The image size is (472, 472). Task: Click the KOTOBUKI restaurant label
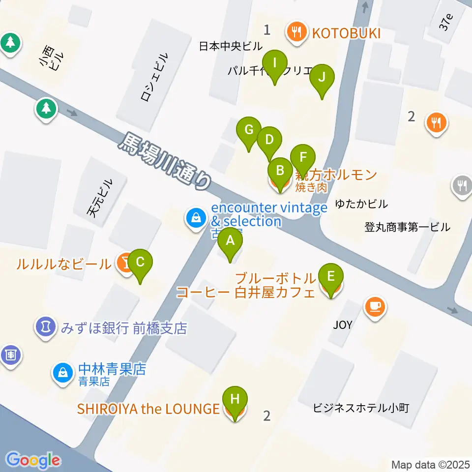click(x=347, y=33)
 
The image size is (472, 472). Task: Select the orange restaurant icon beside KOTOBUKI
click(x=296, y=32)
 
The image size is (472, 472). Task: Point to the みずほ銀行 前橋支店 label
click(x=124, y=328)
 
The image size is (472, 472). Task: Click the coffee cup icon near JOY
click(x=375, y=307)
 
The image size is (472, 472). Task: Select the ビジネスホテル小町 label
click(x=361, y=408)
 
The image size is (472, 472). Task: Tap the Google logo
click(x=33, y=460)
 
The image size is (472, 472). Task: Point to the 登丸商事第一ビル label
click(x=407, y=227)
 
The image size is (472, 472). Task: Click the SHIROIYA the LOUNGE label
click(x=148, y=409)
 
